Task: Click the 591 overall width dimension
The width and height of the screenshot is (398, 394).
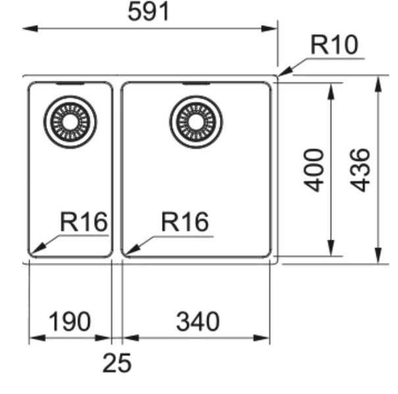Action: (x=149, y=12)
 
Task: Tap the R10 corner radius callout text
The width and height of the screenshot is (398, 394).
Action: (x=334, y=45)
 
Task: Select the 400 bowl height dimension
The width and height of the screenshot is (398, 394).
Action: (x=314, y=170)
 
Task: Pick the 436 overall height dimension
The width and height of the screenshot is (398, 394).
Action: (x=360, y=170)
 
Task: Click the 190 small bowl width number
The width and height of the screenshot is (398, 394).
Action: (x=69, y=321)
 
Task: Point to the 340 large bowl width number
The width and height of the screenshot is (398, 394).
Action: (x=198, y=321)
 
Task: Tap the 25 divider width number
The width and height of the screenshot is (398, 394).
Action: (x=117, y=363)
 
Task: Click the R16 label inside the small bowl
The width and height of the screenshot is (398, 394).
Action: (x=84, y=222)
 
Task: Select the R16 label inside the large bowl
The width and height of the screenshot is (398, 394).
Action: (x=185, y=222)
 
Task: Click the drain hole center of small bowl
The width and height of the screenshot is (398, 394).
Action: (x=70, y=122)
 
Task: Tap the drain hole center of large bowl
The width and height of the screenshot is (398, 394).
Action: (x=196, y=122)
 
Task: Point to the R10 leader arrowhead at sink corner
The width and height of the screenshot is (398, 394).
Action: (x=278, y=76)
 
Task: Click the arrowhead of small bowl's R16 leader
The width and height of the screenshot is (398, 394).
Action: (x=30, y=253)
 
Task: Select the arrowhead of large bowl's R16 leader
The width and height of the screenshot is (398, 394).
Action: (x=124, y=254)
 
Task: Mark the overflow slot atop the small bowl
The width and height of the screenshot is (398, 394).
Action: (x=70, y=83)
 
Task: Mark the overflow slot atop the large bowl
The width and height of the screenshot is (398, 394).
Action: (x=196, y=83)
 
